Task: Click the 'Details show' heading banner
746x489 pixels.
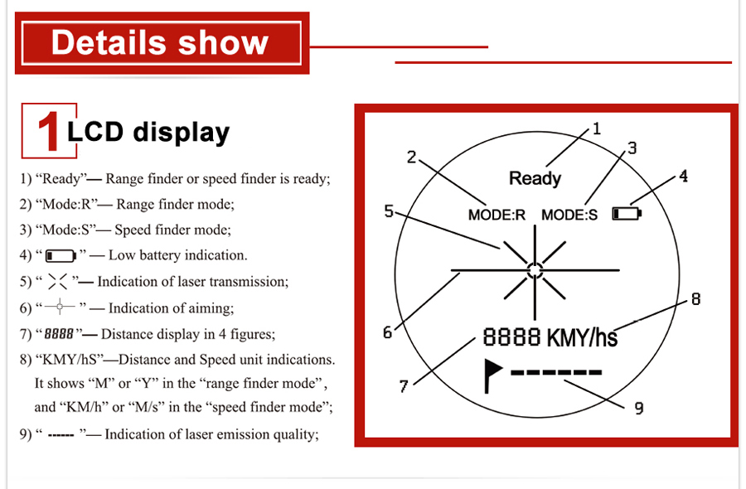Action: coord(162,43)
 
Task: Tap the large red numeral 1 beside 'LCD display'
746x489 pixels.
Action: coord(48,131)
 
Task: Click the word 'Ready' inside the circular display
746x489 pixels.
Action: coord(535,178)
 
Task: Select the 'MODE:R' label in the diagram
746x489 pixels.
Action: coord(497,215)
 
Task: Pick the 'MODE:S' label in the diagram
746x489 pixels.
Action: coord(569,215)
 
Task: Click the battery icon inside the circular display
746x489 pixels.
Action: coord(627,214)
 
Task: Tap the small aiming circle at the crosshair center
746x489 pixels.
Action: coord(535,270)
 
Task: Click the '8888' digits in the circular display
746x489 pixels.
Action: coord(511,336)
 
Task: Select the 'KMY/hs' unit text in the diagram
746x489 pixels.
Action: coord(583,337)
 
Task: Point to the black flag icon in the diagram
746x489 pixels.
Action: coord(492,375)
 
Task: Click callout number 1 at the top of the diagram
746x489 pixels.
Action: coord(597,128)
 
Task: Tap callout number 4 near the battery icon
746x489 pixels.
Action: coord(683,177)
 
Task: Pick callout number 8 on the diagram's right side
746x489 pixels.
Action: coord(695,298)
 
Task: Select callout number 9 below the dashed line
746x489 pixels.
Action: coord(639,408)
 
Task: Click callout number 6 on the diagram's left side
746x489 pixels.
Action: coord(388,332)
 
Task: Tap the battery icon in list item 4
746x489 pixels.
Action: coord(61,256)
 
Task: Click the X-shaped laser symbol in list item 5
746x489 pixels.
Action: coord(57,282)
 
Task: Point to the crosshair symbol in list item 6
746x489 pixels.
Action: coord(60,307)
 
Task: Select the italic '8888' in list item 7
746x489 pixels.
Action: coord(59,334)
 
